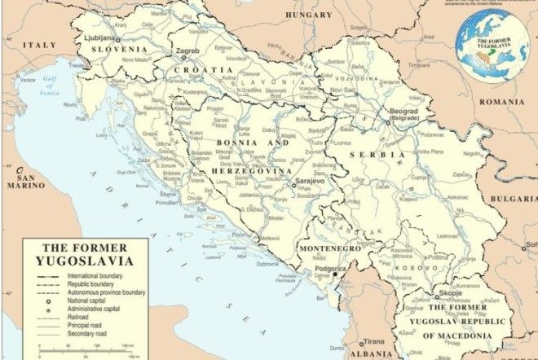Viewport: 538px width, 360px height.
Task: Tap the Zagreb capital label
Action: (x=188, y=51)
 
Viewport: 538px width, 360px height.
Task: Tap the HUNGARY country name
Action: (x=309, y=15)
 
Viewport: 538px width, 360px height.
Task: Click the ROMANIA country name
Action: (x=501, y=102)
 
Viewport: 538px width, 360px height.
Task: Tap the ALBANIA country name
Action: (x=371, y=353)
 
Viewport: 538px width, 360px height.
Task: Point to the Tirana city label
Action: (x=374, y=342)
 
